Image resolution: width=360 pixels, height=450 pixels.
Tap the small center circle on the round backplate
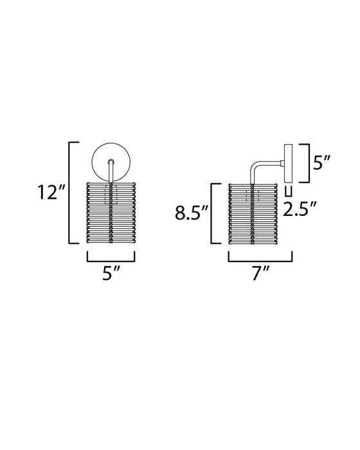point(111,163)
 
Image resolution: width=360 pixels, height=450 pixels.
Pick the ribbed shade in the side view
point(251,214)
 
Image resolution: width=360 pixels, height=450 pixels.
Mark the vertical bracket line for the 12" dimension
point(69,193)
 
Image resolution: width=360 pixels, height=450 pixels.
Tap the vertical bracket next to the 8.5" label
point(213,214)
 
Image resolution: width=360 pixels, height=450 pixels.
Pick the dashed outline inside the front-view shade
point(111,195)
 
